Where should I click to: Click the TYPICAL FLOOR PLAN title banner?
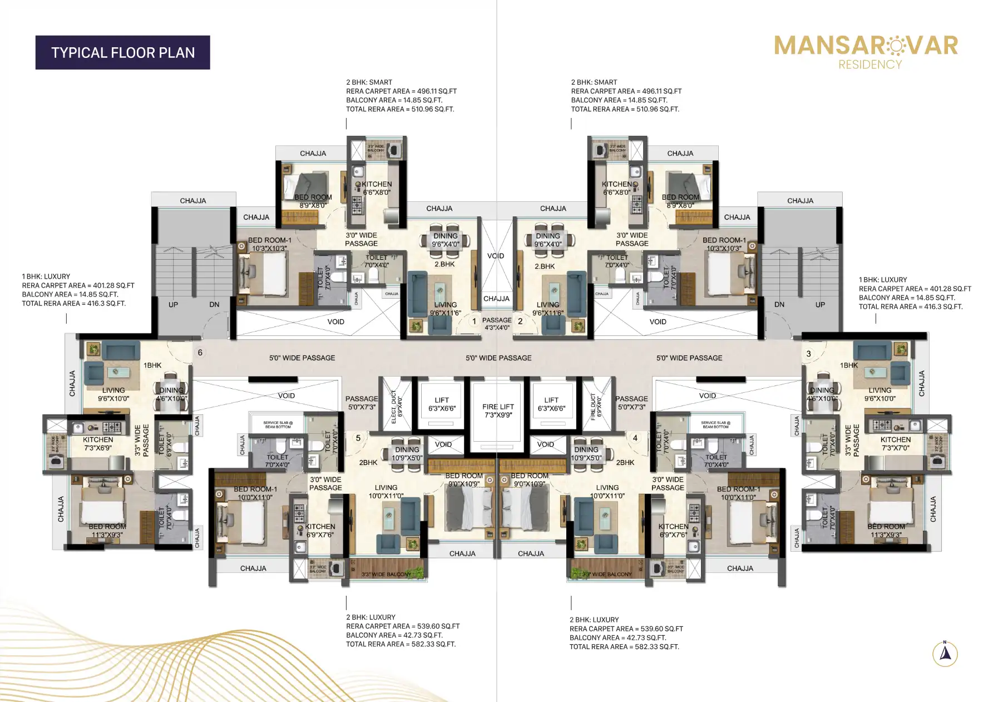click(x=122, y=53)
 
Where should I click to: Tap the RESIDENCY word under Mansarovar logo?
click(x=870, y=65)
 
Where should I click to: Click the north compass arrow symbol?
click(x=945, y=653)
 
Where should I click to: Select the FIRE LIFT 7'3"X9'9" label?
click(x=498, y=411)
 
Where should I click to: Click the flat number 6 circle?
click(x=200, y=353)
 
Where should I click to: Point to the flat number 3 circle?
click(x=808, y=354)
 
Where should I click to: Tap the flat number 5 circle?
click(x=358, y=438)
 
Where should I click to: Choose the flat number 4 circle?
click(x=635, y=438)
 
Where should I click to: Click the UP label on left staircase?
click(x=173, y=305)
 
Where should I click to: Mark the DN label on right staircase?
click(x=779, y=305)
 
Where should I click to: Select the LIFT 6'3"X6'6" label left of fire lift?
click(x=442, y=404)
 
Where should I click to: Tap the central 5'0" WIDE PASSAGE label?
click(x=498, y=358)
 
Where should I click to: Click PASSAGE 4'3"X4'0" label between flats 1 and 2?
click(x=497, y=324)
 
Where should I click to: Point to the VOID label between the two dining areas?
click(x=495, y=256)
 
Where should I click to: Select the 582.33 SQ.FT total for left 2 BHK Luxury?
click(x=433, y=644)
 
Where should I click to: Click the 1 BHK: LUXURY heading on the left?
click(x=46, y=276)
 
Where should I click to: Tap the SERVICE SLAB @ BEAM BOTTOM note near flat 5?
click(x=278, y=424)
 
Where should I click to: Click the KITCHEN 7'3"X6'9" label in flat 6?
click(x=98, y=443)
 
